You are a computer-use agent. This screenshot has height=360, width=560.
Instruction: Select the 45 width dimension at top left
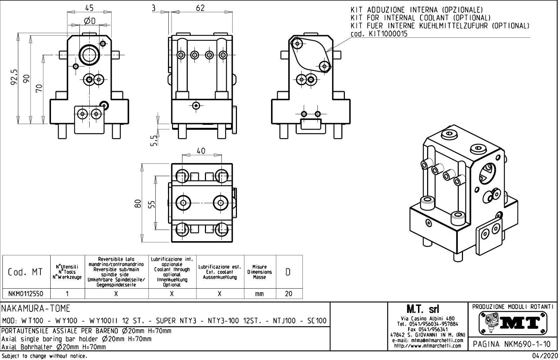[x=89, y=7]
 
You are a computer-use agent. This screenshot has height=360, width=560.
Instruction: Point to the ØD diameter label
[x=90, y=21]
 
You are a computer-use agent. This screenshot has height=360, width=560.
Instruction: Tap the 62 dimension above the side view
[x=200, y=7]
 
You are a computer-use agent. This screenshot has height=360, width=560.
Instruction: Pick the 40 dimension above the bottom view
[x=201, y=151]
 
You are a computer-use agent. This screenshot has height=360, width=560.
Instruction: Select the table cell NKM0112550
[x=26, y=294]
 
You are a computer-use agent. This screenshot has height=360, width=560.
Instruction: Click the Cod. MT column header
[x=25, y=272]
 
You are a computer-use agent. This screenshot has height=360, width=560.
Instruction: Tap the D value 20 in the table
[x=289, y=294]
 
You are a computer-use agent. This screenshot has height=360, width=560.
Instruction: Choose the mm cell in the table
[x=259, y=294]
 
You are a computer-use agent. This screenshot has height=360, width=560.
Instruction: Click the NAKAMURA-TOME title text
[x=36, y=309]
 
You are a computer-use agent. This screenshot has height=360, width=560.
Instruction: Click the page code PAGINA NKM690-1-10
[x=512, y=344]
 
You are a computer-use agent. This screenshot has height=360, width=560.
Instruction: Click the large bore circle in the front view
[x=90, y=54]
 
